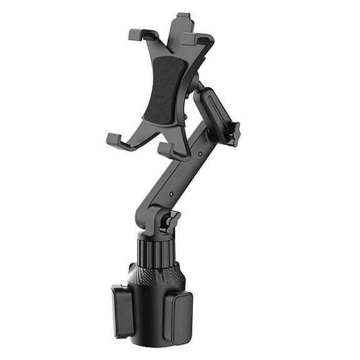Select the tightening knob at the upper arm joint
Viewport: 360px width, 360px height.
[x=232, y=132]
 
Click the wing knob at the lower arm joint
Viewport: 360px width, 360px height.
[x=169, y=221]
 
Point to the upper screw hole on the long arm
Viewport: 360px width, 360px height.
[x=199, y=152]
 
